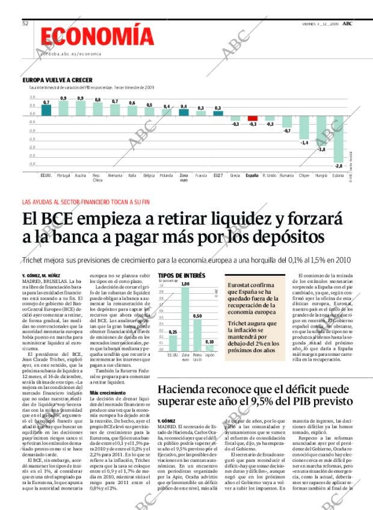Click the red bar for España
(x=253, y=119)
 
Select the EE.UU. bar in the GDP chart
(x=46, y=111)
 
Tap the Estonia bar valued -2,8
(x=339, y=138)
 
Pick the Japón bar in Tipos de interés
(x=209, y=348)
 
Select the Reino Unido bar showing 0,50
(x=197, y=334)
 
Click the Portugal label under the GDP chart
(x=63, y=175)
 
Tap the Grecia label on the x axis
(x=235, y=175)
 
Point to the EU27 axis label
(x=218, y=175)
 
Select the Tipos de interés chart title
(x=181, y=275)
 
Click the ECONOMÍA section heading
(x=93, y=36)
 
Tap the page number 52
(x=26, y=23)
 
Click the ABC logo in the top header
(x=348, y=23)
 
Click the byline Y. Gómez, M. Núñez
(x=42, y=275)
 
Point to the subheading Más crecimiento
(x=108, y=393)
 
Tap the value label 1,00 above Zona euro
(x=185, y=283)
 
